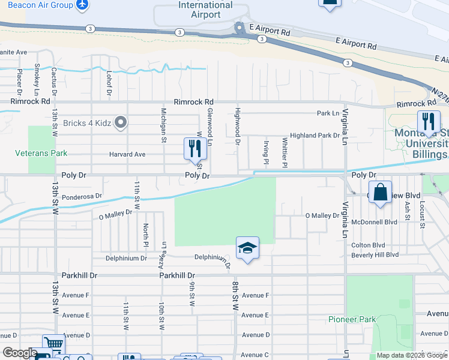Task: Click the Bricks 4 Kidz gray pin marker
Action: (121, 123)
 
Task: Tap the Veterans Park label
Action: (41, 153)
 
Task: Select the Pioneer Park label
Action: (352, 319)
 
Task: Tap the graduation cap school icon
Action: (247, 248)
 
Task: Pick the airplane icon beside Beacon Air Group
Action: (82, 5)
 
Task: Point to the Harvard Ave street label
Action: (127, 154)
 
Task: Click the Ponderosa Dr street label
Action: (82, 196)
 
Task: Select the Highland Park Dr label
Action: (315, 136)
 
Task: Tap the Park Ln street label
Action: (328, 113)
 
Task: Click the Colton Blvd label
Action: (368, 244)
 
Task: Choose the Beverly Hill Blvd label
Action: (375, 254)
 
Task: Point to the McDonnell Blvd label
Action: (375, 221)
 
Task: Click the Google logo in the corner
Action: (20, 353)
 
